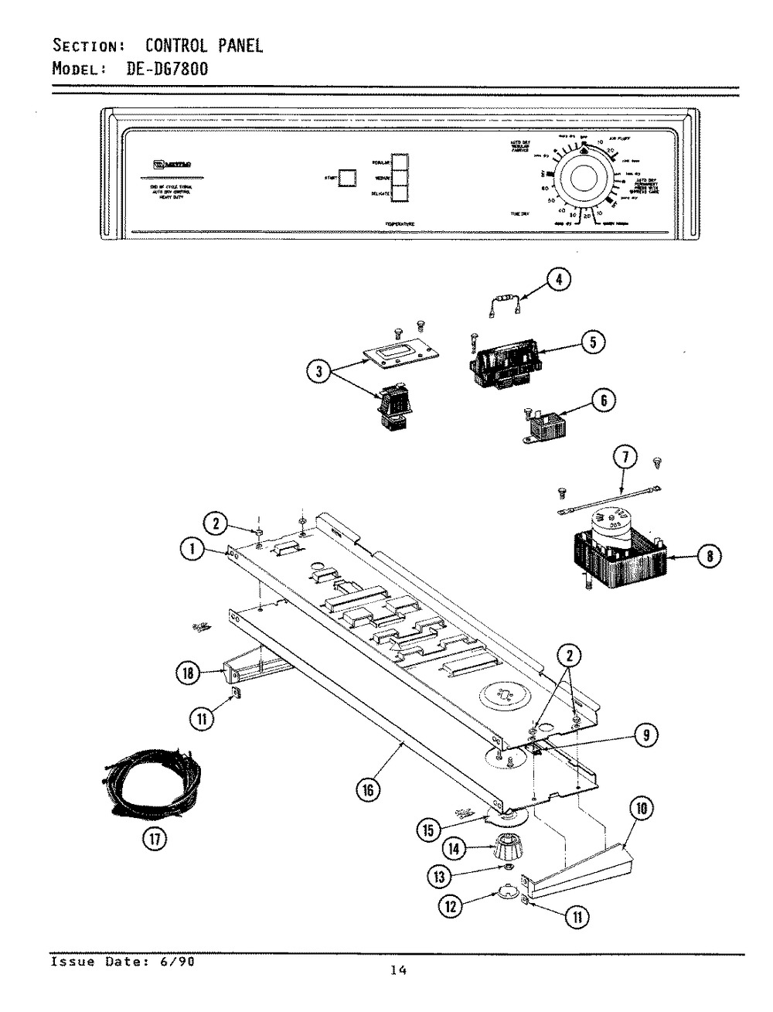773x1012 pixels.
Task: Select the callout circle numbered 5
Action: (592, 341)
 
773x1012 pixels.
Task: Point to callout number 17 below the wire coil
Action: (153, 839)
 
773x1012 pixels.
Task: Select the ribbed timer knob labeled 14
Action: (492, 849)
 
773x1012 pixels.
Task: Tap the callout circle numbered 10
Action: (641, 811)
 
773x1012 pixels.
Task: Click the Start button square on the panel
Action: (348, 178)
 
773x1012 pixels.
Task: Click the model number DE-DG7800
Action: (167, 68)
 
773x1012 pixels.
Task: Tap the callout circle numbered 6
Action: (604, 400)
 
